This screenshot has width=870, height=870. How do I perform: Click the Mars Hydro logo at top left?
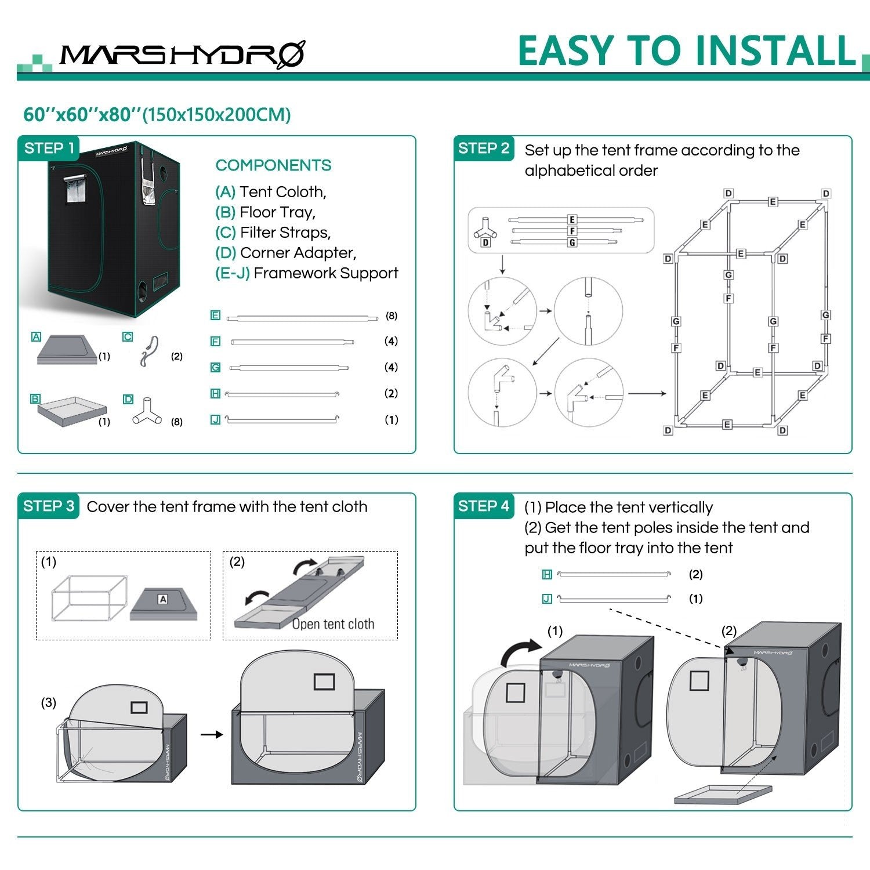pos(182,56)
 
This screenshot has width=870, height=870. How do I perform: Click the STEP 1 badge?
pos(49,148)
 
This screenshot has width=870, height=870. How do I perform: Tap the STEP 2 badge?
pos(483,148)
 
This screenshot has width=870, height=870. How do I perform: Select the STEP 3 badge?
pos(49,506)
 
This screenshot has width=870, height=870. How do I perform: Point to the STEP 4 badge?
pos(483,506)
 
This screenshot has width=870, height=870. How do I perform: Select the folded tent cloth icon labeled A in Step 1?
pos(65,350)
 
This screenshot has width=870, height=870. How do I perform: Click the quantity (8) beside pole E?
pos(391,316)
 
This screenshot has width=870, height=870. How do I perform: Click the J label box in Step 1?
pos(215,419)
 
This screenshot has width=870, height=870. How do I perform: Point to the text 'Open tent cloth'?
pos(333,624)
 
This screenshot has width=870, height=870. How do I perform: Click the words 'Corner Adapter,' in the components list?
pos(298,253)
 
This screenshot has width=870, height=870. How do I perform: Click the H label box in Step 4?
pos(546,574)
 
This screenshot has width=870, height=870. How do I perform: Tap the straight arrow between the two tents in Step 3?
pos(212,734)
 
